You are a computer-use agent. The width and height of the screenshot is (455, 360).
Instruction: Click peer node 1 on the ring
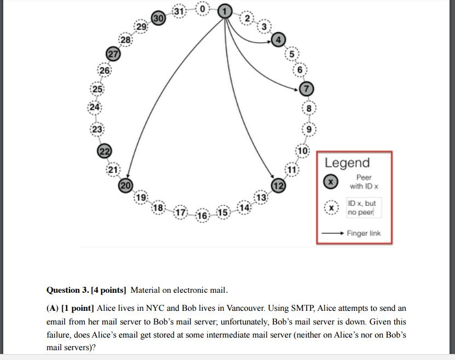point(224,10)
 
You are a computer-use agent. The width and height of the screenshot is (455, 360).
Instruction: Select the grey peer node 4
point(278,39)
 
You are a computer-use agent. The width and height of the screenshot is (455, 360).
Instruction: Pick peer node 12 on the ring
point(279,186)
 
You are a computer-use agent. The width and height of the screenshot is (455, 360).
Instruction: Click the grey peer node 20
point(126,186)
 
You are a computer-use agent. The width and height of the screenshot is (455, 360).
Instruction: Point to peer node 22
point(104,152)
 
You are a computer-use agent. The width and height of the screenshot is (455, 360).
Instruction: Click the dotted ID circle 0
point(202,9)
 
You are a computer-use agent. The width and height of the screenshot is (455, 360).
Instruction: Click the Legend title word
point(347,163)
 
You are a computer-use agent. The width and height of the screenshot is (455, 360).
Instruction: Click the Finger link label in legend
point(363,233)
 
